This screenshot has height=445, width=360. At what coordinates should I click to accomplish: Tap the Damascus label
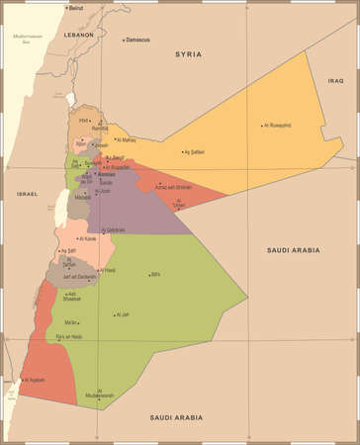tap(137, 40)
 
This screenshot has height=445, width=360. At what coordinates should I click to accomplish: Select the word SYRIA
tap(187, 54)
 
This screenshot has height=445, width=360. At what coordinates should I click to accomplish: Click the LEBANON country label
tap(78, 35)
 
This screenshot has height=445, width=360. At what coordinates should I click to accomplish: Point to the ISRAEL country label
tap(27, 194)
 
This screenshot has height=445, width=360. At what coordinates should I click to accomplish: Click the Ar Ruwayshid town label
tap(278, 126)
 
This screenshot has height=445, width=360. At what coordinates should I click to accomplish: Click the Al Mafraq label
tap(126, 140)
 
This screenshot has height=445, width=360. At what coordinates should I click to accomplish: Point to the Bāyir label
tap(154, 274)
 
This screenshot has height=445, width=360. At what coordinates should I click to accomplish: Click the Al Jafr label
tap(123, 314)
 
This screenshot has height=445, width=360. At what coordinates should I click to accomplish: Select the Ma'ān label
tap(70, 322)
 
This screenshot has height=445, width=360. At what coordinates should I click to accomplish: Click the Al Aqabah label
tap(36, 379)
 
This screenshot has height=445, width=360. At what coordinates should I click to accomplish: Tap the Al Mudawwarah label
tap(100, 393)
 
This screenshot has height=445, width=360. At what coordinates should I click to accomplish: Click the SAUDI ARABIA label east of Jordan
tap(294, 250)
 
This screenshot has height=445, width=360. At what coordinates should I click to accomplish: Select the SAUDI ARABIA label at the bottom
tap(177, 418)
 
